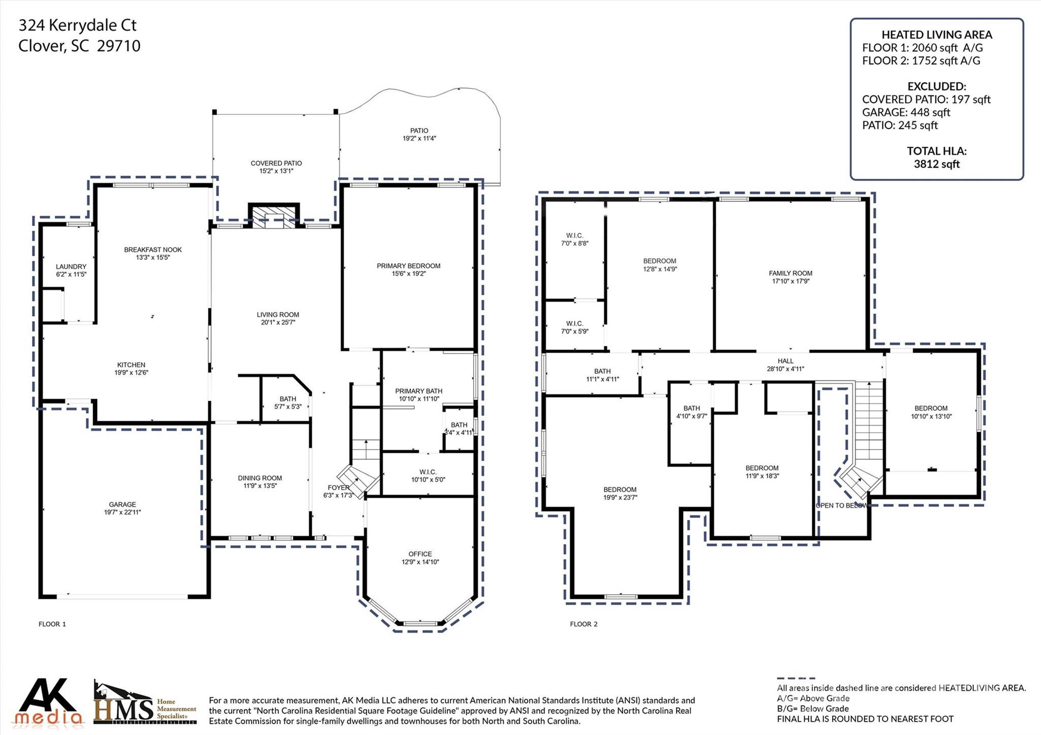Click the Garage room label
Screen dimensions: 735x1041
click(x=122, y=504)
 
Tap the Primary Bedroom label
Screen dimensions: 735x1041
click(x=408, y=266)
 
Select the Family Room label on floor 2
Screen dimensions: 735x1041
click(x=790, y=273)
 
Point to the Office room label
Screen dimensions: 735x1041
click(x=420, y=554)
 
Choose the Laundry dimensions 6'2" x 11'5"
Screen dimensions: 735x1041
click(x=71, y=274)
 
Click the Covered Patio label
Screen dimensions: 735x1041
click(x=276, y=163)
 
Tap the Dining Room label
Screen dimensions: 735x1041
click(x=260, y=478)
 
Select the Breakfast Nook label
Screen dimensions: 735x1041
click(x=152, y=249)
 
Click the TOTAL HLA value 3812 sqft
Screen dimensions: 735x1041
click(x=936, y=164)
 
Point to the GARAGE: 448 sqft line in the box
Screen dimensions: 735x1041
click(x=906, y=112)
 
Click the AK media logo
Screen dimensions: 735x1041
click(x=48, y=702)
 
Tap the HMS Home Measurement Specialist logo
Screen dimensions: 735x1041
click(x=145, y=704)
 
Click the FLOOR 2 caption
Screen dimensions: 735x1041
click(x=584, y=624)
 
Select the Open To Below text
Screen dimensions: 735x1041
click(x=841, y=505)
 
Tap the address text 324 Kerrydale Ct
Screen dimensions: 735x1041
click(x=77, y=25)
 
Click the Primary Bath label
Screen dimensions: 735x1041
click(x=418, y=391)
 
